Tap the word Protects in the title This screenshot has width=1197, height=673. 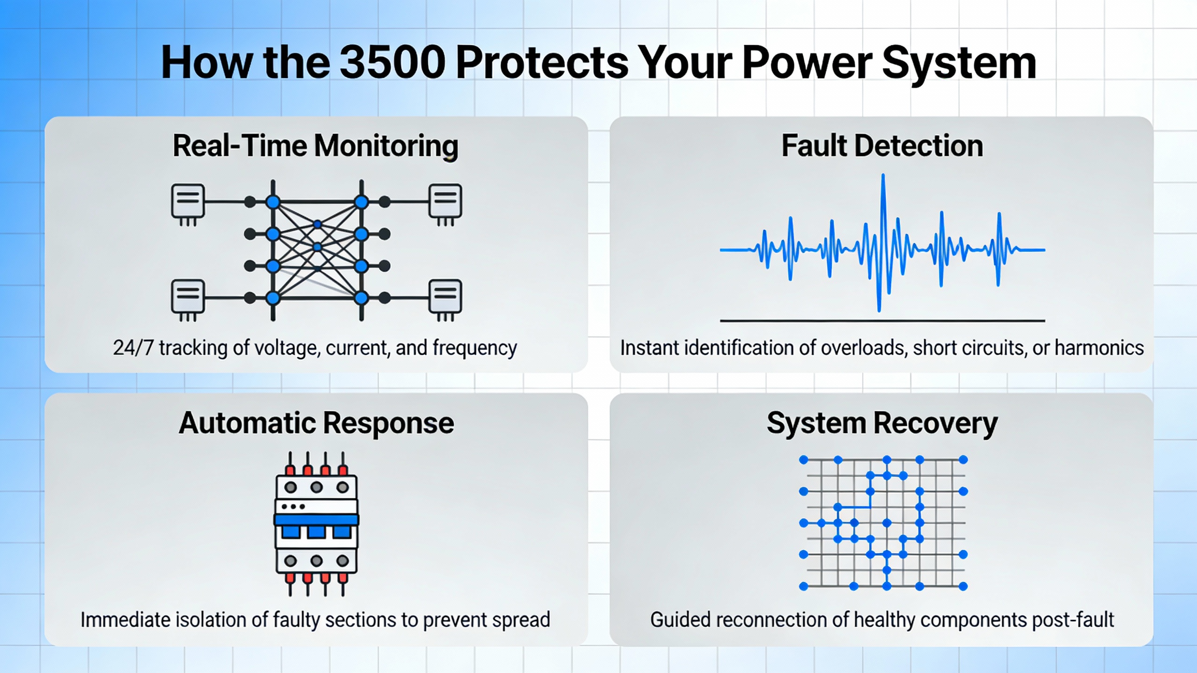pyautogui.click(x=542, y=62)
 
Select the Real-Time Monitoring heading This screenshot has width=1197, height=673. pyautogui.click(x=316, y=145)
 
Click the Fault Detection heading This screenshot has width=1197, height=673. pyautogui.click(x=882, y=145)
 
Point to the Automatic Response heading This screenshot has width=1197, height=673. pyautogui.click(x=316, y=423)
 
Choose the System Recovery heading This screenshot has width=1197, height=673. pyautogui.click(x=882, y=423)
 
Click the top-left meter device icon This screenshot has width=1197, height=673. pyautogui.click(x=188, y=202)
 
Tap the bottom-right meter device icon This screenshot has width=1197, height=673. pyautogui.click(x=445, y=297)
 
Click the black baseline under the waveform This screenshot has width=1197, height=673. pyautogui.click(x=882, y=321)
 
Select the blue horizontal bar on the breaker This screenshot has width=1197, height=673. pyautogui.click(x=316, y=520)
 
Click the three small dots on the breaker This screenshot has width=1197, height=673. pyautogui.click(x=293, y=507)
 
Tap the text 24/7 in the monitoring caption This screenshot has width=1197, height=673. pyautogui.click(x=133, y=348)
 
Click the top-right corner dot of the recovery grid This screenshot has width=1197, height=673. pyautogui.click(x=963, y=460)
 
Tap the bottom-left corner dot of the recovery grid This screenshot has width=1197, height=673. pyautogui.click(x=803, y=586)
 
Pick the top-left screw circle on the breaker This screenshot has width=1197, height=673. pyautogui.click(x=290, y=487)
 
